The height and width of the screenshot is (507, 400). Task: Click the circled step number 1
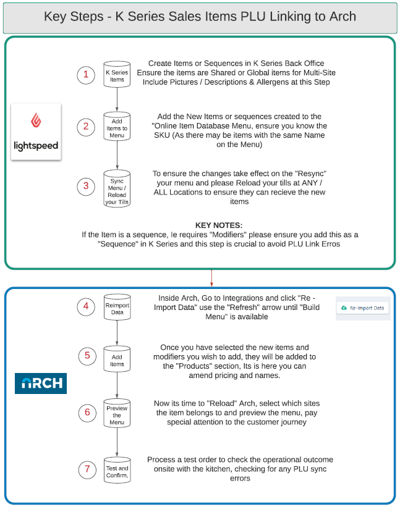tap(86, 75)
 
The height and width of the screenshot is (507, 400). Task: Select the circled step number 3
tap(86, 185)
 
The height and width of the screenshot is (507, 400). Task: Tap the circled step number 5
tap(88, 356)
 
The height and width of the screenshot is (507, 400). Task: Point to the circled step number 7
tap(88, 469)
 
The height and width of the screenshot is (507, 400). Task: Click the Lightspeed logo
tap(36, 132)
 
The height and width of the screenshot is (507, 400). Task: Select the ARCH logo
tap(41, 382)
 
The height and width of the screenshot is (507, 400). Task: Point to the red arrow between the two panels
tap(211, 278)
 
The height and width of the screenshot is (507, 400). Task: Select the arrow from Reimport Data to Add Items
tap(117, 333)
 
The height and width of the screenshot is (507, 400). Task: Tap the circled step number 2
tap(86, 127)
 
